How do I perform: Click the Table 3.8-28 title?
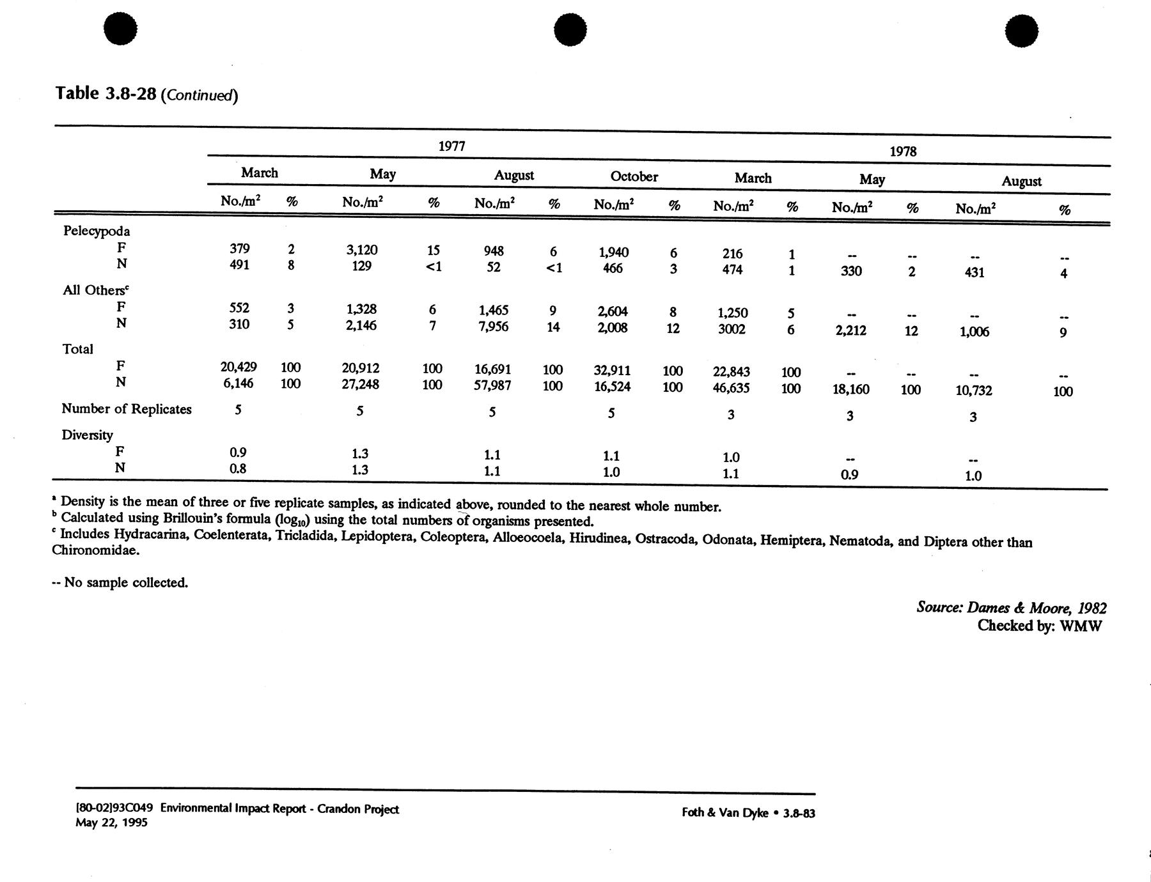coord(146,94)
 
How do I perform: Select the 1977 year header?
coord(451,146)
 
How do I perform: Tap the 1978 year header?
coord(903,151)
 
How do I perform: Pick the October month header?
coord(634,176)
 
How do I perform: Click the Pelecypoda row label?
coord(97,231)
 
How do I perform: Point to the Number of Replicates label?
coord(127,409)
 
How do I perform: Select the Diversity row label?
coord(88,435)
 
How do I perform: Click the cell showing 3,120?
coord(362,250)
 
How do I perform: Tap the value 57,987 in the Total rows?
coord(492,385)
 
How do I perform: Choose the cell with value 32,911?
coord(612,370)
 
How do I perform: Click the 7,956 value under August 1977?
coord(493,327)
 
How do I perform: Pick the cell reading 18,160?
coord(850,389)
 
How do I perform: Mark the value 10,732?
coord(973,391)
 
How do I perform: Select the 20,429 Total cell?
coord(239,367)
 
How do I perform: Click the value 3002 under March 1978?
coord(732,329)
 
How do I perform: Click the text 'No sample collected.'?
coord(126,582)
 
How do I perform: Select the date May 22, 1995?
coord(111,823)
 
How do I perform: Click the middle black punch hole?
coord(570,30)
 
